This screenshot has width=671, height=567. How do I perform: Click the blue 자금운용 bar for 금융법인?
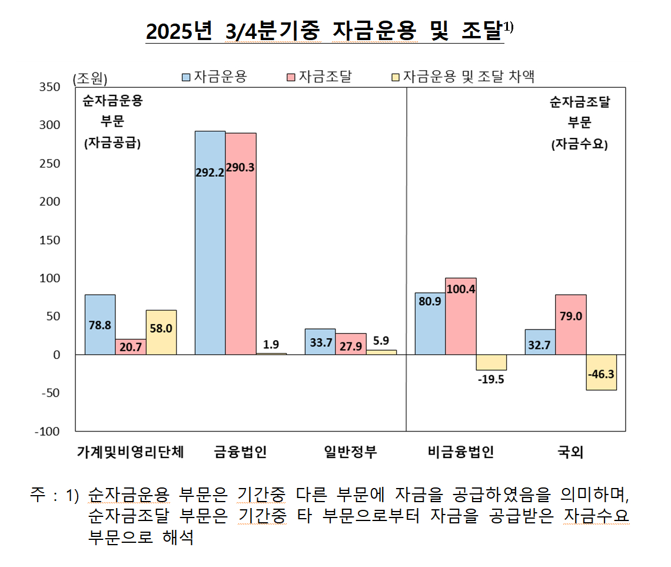(210, 242)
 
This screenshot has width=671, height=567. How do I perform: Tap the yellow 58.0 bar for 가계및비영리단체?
(161, 332)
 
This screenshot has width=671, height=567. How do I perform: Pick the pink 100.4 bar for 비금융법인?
(461, 316)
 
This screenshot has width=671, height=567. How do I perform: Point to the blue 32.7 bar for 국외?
(540, 342)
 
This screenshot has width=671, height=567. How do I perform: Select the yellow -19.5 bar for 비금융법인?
(491, 362)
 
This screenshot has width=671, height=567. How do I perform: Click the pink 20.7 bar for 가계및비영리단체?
(131, 347)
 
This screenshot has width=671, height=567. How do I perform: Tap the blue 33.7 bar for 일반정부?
(320, 341)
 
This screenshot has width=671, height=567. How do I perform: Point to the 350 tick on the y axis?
(49, 87)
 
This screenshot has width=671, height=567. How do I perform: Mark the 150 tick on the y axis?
(49, 240)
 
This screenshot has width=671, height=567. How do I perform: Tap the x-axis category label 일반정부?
(351, 452)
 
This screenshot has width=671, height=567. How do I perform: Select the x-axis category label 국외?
(570, 452)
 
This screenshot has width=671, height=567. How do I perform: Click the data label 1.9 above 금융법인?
(271, 344)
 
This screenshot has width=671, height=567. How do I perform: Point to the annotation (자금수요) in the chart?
(579, 144)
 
